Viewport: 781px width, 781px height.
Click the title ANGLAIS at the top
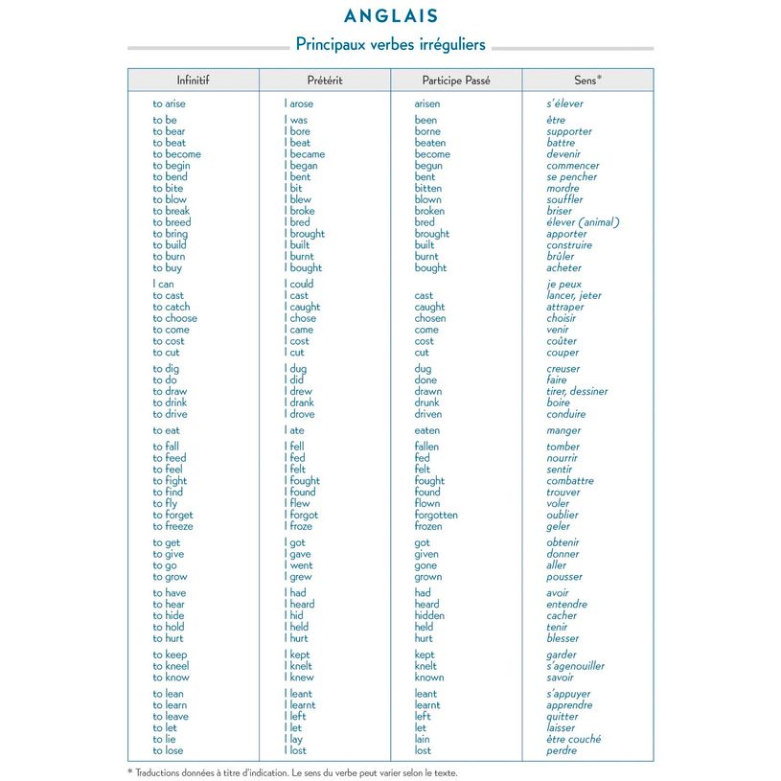click(390, 16)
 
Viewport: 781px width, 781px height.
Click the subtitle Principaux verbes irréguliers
click(390, 45)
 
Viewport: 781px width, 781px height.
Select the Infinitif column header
click(193, 80)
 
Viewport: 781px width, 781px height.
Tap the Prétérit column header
click(325, 80)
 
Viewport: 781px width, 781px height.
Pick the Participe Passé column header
click(456, 80)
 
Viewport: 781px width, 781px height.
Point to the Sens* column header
click(587, 80)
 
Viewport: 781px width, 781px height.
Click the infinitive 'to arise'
click(170, 104)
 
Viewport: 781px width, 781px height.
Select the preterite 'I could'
click(299, 285)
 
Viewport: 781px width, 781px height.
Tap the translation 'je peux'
click(564, 285)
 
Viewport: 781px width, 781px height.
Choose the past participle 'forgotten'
click(436, 516)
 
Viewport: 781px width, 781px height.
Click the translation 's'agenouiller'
click(576, 666)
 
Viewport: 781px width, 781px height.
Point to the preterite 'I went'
click(299, 565)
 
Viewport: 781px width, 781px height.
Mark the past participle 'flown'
click(427, 504)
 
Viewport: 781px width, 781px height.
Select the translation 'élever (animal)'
click(584, 222)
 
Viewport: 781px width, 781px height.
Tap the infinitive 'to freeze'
click(172, 527)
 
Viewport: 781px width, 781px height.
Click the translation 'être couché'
click(574, 740)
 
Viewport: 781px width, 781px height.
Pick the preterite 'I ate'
click(294, 431)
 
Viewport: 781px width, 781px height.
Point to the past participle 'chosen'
click(430, 319)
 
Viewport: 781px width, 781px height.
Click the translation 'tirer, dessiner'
click(577, 392)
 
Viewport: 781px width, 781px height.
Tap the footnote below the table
click(292, 772)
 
